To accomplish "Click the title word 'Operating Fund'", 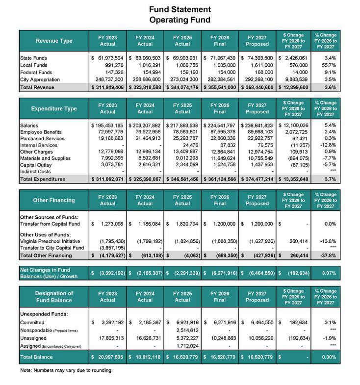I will click(180, 20).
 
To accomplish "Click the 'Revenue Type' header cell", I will click(54, 41).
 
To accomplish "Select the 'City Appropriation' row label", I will click(40, 79).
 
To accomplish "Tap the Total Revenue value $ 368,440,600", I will click(257, 87).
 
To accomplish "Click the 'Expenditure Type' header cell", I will click(54, 108).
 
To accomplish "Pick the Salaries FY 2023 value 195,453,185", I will click(107, 126).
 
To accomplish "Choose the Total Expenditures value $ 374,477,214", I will click(257, 180).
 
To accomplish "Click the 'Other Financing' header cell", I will click(54, 200).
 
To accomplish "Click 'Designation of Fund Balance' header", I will click(54, 297).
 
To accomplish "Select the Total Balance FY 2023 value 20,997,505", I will click(107, 357).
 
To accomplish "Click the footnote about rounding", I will click(66, 370).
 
